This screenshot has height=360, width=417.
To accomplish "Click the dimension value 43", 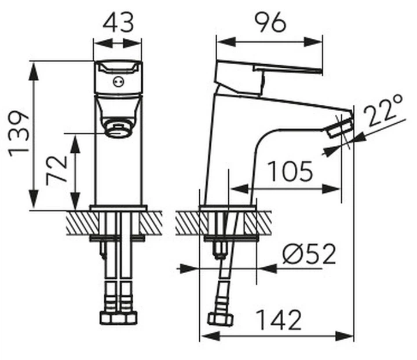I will [118, 23].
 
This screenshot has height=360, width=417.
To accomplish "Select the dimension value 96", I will [270, 23].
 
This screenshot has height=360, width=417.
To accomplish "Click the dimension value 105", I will [290, 171].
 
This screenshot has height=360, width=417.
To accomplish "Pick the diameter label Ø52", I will [309, 254].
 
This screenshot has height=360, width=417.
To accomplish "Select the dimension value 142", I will [281, 319].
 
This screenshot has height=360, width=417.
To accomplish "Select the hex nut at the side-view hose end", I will [220, 319].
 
